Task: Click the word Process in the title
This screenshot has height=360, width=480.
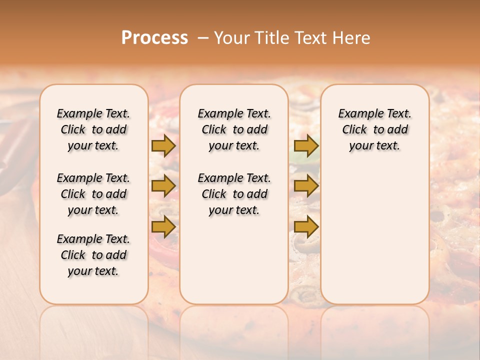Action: click(154, 38)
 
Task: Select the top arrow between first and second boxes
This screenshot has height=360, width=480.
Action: click(163, 145)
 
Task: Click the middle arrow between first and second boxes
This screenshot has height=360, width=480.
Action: click(163, 186)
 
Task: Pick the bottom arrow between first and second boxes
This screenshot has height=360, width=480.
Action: click(163, 226)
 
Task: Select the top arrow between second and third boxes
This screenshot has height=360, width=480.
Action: click(306, 145)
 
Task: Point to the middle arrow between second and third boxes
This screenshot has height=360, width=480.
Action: click(306, 186)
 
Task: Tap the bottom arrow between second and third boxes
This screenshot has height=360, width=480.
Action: click(306, 226)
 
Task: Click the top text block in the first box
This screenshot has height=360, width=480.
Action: click(93, 129)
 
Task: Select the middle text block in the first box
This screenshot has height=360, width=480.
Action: click(93, 194)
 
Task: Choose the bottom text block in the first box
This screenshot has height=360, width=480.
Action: click(93, 255)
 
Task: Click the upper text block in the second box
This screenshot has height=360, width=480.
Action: click(234, 129)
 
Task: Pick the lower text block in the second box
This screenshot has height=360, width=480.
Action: click(234, 194)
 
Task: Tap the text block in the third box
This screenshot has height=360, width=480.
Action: click(374, 129)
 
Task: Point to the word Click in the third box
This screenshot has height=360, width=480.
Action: click(354, 130)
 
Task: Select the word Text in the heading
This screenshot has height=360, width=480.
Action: click(309, 38)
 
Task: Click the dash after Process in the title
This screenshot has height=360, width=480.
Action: click(203, 38)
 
